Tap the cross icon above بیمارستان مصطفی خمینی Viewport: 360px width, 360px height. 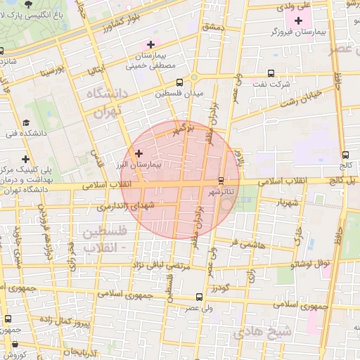click(x=150, y=44)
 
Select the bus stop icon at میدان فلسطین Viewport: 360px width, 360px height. click(x=180, y=82)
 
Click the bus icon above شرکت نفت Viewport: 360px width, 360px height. click(x=271, y=73)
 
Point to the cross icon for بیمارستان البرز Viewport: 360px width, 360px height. click(x=139, y=153)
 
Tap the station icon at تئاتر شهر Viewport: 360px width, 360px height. click(x=222, y=181)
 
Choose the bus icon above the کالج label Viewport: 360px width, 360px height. click(x=345, y=155)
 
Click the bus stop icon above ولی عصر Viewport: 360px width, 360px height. click(x=200, y=297)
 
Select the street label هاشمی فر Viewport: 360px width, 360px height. click(x=248, y=244)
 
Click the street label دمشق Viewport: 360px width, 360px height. click(x=211, y=27)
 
